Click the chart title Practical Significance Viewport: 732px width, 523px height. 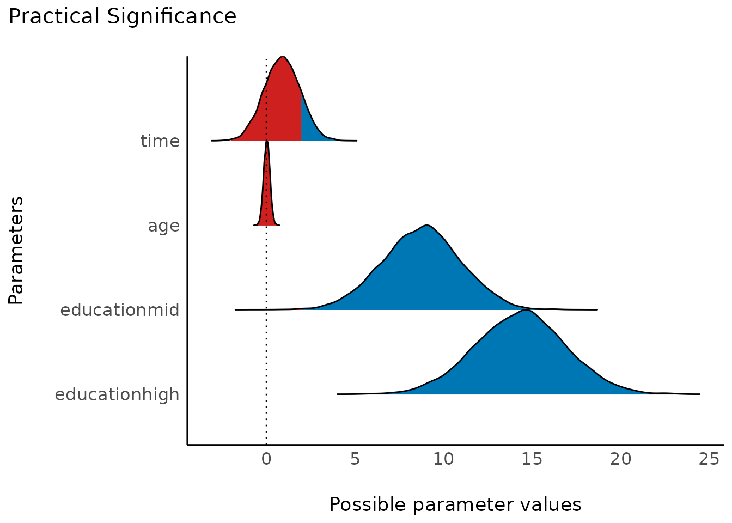coord(123,17)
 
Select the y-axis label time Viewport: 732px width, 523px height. coord(160,141)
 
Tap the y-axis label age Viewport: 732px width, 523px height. coord(163,226)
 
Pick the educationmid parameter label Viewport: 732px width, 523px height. coord(120,310)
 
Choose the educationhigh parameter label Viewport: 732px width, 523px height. coord(117,394)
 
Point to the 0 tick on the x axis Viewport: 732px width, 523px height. coord(266,459)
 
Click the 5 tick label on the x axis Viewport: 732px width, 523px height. coord(355,459)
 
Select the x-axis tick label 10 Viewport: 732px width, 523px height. coord(443,459)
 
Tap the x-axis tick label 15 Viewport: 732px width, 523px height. coord(532,459)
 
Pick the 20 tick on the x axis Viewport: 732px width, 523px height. coord(621,459)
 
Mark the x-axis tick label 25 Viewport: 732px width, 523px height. coord(709,459)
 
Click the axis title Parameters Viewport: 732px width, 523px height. coord(16,251)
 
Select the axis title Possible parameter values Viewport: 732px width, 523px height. coord(455,505)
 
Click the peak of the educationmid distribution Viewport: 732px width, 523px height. coord(428,226)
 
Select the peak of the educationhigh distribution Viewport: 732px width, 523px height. coord(525,311)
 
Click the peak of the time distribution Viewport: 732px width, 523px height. coord(282,57)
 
